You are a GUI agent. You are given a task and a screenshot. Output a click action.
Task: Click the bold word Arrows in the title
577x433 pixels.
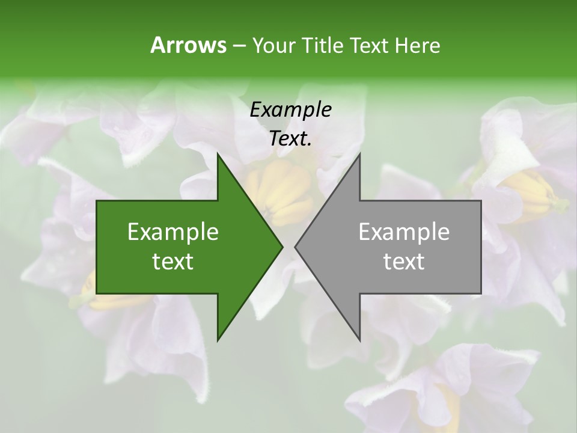[188, 45]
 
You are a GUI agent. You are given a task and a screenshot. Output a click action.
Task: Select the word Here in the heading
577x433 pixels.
[417, 45]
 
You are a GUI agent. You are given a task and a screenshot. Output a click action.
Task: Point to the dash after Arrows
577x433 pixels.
[238, 46]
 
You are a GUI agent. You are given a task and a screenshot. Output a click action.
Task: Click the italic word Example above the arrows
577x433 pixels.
[290, 109]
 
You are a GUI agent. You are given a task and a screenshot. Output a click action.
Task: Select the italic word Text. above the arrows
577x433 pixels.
[290, 139]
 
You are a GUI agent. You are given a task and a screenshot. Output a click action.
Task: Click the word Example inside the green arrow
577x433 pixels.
[173, 232]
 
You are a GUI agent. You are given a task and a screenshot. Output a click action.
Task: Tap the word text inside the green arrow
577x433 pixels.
[173, 262]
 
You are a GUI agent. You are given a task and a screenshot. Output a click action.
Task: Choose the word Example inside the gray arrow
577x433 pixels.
[404, 232]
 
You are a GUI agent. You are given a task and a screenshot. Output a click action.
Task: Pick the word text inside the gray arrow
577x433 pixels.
[404, 262]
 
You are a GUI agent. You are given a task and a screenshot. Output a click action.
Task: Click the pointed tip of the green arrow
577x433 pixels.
[282, 247]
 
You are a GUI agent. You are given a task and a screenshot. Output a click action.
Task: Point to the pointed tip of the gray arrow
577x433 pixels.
[295, 247]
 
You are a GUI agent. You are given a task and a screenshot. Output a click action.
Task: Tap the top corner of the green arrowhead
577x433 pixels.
[218, 153]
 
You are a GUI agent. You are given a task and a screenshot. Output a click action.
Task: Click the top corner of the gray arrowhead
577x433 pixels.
[359, 153]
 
